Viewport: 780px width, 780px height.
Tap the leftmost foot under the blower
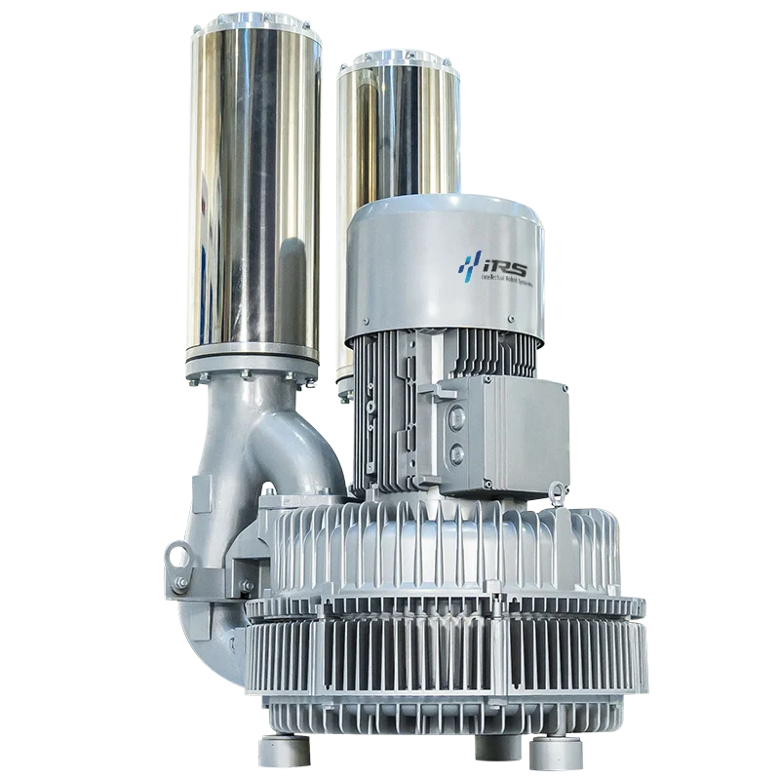coord(277,752)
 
